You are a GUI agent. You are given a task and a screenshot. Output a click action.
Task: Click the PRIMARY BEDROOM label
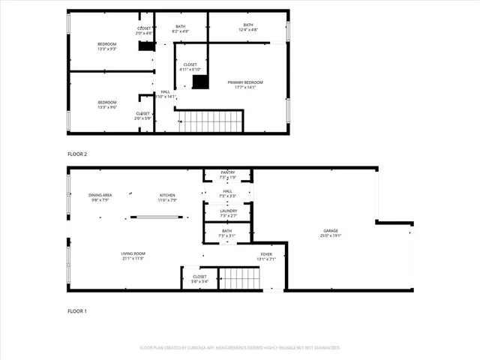[x=245, y=82]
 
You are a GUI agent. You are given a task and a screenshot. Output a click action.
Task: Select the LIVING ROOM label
[x=133, y=254]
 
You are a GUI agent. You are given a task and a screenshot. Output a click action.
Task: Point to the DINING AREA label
[x=100, y=195]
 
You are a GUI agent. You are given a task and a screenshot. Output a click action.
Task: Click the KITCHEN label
[x=166, y=195]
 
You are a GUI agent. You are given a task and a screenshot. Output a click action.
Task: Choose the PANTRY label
[x=227, y=173]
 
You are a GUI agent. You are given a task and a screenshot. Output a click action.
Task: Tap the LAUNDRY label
[x=228, y=211]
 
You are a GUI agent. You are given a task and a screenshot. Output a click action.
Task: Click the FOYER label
[x=266, y=255]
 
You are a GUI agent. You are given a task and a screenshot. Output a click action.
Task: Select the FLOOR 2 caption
[x=77, y=154]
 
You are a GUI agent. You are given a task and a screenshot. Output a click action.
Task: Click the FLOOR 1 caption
[x=77, y=310]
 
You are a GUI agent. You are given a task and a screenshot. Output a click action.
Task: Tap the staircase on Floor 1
[x=239, y=278]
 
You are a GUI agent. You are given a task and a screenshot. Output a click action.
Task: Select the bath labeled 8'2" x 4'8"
[x=180, y=26]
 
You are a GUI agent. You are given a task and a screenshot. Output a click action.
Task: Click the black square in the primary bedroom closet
[x=199, y=82]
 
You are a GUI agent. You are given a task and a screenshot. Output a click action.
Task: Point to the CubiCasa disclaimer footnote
[x=240, y=348]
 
